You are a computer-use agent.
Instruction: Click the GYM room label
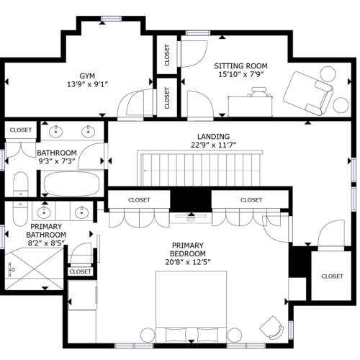click(x=87, y=76)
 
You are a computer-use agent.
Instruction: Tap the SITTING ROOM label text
click(x=240, y=66)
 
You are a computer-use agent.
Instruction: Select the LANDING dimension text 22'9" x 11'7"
click(x=214, y=145)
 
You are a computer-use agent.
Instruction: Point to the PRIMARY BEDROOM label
click(x=188, y=250)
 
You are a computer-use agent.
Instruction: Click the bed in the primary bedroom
click(x=191, y=307)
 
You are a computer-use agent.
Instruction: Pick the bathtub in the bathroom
click(x=71, y=184)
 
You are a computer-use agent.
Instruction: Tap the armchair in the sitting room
click(x=308, y=94)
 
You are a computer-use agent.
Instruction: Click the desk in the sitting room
click(x=251, y=107)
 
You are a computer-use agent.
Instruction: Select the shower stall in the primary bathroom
click(x=34, y=269)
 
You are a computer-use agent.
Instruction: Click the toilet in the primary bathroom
click(x=20, y=214)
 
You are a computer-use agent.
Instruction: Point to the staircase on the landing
click(x=200, y=168)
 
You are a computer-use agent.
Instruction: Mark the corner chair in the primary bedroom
click(x=271, y=327)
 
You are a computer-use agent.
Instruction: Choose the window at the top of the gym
click(x=111, y=19)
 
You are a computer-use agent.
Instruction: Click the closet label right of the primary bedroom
click(x=332, y=276)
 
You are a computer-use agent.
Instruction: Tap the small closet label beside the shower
click(x=80, y=271)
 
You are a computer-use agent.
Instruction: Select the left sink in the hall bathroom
click(x=55, y=132)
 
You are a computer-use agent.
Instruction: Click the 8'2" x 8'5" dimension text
click(x=46, y=243)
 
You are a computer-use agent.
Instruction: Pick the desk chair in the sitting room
click(x=259, y=92)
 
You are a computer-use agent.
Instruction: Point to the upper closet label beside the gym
click(x=167, y=55)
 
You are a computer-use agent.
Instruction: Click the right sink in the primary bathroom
click(x=81, y=212)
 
